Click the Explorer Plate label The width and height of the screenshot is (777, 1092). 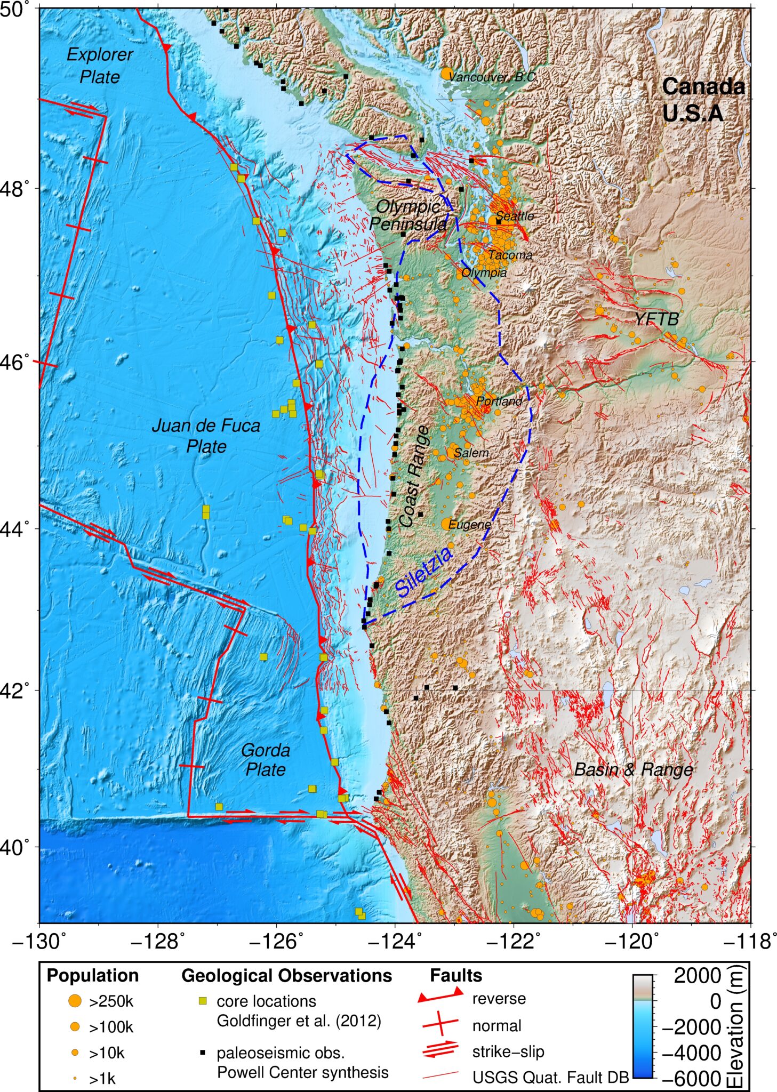pos(100,66)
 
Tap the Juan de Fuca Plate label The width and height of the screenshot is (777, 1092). pos(206,436)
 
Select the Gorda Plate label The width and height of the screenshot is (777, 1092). pos(265,759)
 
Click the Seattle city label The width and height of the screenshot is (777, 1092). pos(515,216)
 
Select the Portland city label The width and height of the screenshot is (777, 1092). pos(499,401)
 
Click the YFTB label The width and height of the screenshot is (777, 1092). pos(656,319)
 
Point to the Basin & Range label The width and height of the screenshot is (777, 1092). pos(634,769)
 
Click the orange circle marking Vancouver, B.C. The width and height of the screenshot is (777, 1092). pos(447,74)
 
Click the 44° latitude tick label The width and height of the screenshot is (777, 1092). pos(19,529)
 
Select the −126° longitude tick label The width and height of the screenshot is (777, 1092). pos(276,942)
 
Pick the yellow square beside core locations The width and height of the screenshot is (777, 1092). pos(203,1001)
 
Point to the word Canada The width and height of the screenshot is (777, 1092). pos(703,86)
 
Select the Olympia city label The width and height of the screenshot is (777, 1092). pos(484,273)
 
